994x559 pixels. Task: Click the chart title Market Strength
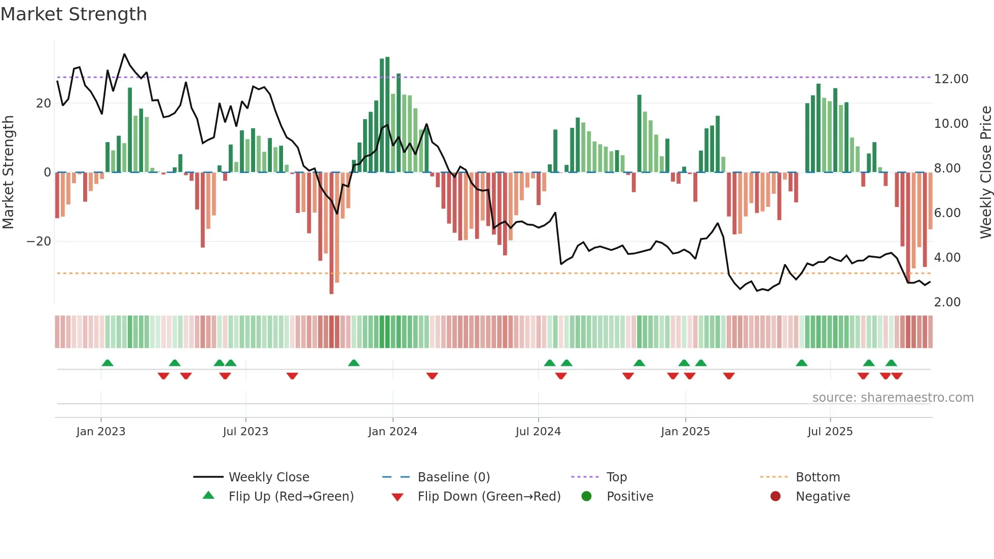[x=74, y=14]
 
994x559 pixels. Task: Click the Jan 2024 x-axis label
[x=393, y=432]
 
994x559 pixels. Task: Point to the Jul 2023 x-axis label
[x=245, y=432]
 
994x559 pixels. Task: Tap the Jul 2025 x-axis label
[x=830, y=432]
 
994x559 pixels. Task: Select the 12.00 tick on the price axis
[x=951, y=79]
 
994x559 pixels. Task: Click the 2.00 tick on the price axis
[x=947, y=302]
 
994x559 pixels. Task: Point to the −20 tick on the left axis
[x=39, y=241]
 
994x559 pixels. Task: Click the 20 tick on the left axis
[x=44, y=103]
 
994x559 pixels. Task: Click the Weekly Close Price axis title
[x=985, y=172]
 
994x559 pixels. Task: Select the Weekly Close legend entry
[x=268, y=477]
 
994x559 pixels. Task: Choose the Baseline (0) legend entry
[x=453, y=477]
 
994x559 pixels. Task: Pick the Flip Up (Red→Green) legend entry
[x=291, y=497]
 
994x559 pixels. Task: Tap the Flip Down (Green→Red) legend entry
[x=489, y=497]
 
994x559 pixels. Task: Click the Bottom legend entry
[x=818, y=477]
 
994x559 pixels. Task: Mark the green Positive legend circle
[x=587, y=497]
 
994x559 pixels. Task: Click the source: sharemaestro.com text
[x=893, y=398]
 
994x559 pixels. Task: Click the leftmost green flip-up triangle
[x=108, y=363]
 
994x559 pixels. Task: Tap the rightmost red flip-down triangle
[x=897, y=376]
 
